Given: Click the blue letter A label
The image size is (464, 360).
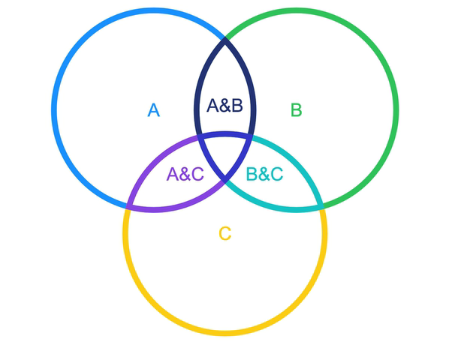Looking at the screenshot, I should pos(153,110).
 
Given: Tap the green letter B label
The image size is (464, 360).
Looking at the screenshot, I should pos(296,110).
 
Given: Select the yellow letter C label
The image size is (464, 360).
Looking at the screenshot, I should pos(224,234).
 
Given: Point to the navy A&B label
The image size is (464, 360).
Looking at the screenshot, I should pos(224,106).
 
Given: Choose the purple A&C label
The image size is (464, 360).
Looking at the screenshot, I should pos(185,174).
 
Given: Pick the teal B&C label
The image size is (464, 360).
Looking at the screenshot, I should pos(264,174).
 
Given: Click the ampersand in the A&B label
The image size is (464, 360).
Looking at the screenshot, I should pos(224,106).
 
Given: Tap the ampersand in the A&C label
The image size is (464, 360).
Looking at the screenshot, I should pos(185,174).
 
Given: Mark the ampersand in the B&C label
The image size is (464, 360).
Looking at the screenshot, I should pos(264,174).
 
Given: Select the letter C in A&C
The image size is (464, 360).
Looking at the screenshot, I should pos(197,174).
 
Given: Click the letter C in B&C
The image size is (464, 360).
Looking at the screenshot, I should pos(276,174).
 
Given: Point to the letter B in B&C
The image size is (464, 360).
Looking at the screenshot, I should pos(252,174).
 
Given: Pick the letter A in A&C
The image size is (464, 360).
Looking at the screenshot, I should pos(173,174).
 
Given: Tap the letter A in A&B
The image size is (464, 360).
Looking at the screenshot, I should pos(212,106).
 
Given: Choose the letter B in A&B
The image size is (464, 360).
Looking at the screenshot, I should pos(237,106).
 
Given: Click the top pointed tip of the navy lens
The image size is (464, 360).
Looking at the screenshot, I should pos(225,39).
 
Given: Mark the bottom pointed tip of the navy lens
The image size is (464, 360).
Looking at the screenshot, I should pos(225,180).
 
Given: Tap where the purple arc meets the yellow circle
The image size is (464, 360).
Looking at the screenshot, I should pos(130,205).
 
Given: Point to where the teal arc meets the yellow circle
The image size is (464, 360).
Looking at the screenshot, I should pos(321,205).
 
